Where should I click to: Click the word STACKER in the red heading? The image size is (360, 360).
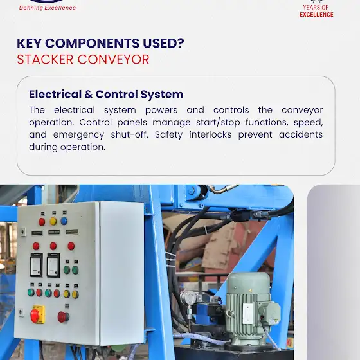pyautogui.click(x=45, y=59)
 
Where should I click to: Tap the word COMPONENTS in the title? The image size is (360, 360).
pyautogui.click(x=93, y=43)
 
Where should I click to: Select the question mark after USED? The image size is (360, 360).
pyautogui.click(x=181, y=43)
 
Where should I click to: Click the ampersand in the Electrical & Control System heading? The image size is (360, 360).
pyautogui.click(x=89, y=94)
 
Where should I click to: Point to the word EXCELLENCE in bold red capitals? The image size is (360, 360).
pyautogui.click(x=316, y=15)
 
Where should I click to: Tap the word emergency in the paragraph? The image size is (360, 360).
pyautogui.click(x=78, y=135)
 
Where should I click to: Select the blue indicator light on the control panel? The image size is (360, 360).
pyautogui.click(x=64, y=221)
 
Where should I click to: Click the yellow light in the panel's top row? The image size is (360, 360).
pyautogui.click(x=53, y=221)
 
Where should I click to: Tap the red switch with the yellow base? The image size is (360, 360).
pyautogui.click(x=38, y=314)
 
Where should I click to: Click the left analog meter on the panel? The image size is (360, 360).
pyautogui.click(x=37, y=265)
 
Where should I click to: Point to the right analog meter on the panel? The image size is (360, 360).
pyautogui.click(x=53, y=265)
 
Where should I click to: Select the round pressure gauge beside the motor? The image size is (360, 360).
pyautogui.click(x=188, y=297)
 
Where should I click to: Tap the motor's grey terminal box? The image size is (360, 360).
pyautogui.click(x=269, y=312)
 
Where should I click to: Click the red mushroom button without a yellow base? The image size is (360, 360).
pyautogui.click(x=64, y=317)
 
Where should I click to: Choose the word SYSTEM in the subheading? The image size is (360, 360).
pyautogui.click(x=162, y=94)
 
